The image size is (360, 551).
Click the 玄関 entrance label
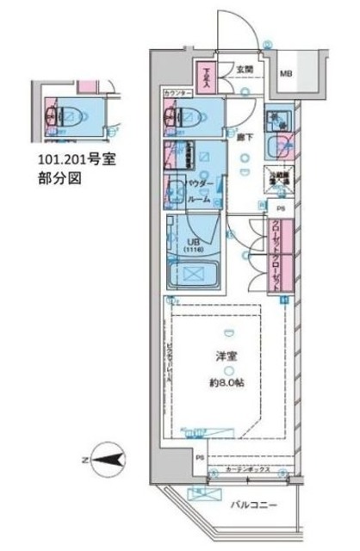245,70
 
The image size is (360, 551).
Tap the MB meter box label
285,75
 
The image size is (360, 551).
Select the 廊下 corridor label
243,136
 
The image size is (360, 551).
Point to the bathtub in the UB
195,276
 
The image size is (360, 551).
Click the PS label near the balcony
199,458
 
